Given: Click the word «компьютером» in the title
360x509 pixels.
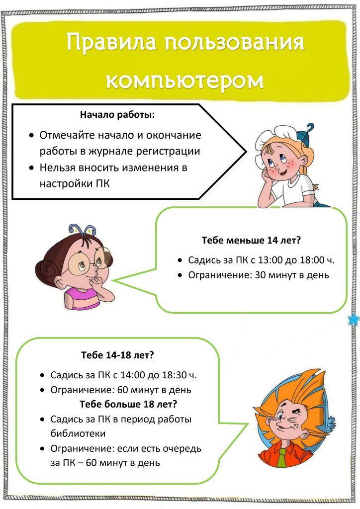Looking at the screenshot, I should click(184, 80).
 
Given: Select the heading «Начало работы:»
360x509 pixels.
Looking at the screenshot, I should click(117, 115).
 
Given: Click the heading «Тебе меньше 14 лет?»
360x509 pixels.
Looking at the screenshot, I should click(251, 241).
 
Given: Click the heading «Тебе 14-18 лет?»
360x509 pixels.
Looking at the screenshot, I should click(117, 355).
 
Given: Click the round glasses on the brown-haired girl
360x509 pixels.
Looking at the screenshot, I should click(85, 262).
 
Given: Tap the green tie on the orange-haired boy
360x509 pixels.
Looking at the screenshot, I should click(282, 458).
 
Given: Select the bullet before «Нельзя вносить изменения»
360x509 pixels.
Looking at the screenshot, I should click(31, 168).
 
